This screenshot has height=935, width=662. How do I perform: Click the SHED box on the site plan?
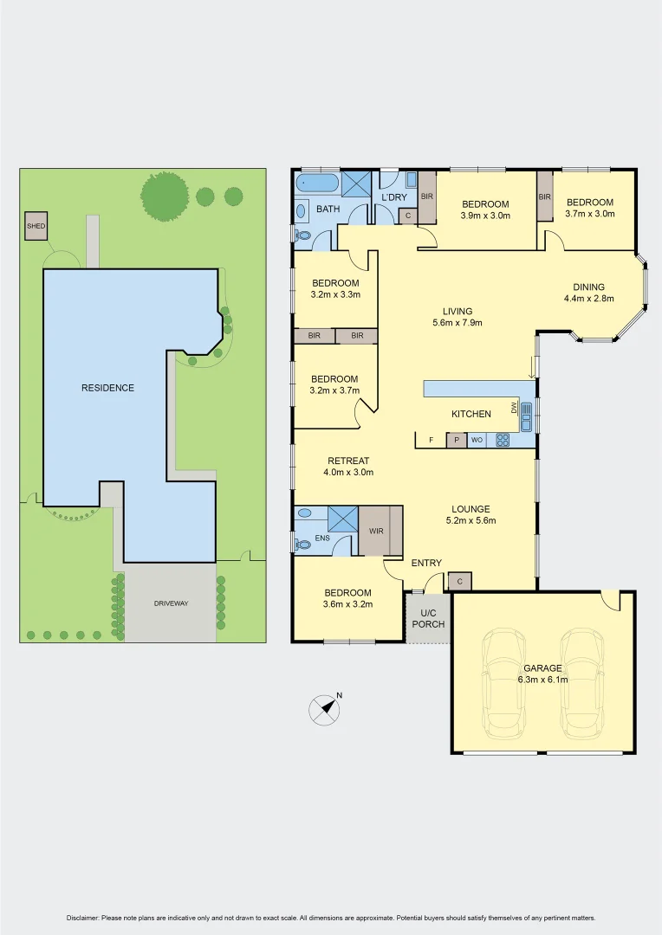click(36, 226)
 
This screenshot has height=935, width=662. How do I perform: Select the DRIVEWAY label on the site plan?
click(171, 603)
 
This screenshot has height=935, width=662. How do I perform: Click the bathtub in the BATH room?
click(316, 184)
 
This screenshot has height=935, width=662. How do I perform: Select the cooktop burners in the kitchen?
click(503, 440)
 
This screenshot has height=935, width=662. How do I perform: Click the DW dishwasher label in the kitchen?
click(515, 408)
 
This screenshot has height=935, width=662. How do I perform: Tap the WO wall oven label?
click(477, 441)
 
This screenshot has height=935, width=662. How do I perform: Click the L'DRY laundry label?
click(394, 197)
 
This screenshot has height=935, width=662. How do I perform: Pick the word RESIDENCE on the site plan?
click(107, 388)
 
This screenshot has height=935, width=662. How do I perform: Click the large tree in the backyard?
click(165, 196)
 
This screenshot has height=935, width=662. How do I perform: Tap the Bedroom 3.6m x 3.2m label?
click(347, 598)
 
